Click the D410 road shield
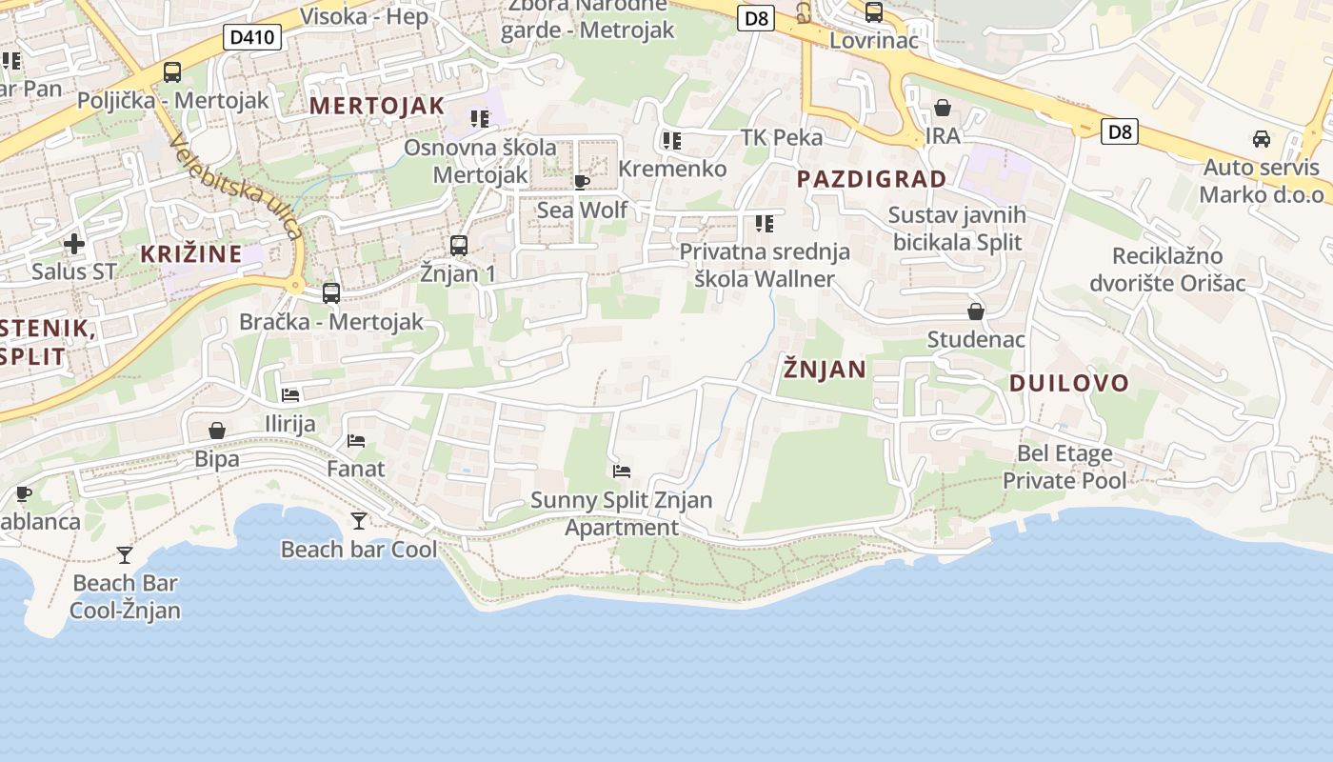252,38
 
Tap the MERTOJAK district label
377,106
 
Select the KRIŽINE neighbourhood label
191,254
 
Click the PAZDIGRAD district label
871,179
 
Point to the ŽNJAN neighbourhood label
825,370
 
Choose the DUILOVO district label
1068,384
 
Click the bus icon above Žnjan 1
459,245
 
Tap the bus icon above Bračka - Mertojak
331,293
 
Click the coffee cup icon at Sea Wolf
582,181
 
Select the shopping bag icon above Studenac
976,311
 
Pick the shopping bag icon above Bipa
217,431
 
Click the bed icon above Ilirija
290,394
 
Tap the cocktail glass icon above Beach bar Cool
359,520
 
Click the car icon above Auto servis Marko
1262,139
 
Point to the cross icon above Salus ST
74,244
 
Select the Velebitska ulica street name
235,185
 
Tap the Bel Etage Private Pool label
1064,467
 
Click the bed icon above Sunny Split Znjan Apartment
622,471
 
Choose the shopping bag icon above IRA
943,108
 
